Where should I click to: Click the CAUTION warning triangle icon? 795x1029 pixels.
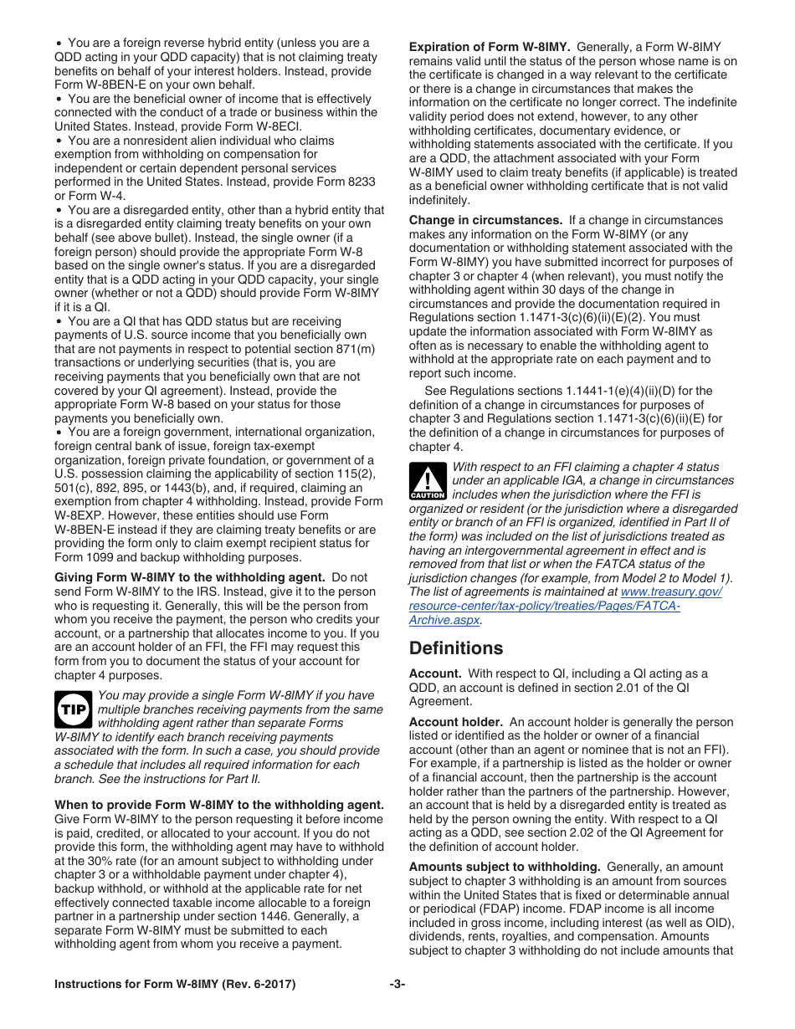(427, 482)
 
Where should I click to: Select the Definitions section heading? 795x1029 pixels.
(456, 648)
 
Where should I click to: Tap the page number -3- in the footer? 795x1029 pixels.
(397, 985)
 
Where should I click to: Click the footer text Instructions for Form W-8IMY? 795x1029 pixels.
(175, 985)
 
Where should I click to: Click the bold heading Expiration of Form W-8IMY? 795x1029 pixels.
(490, 48)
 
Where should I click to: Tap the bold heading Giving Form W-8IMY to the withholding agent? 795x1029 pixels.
(190, 578)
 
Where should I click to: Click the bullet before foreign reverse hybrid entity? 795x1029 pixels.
(59, 43)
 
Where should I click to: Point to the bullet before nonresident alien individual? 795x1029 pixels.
(59, 141)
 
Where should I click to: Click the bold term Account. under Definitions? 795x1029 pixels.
(435, 673)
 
